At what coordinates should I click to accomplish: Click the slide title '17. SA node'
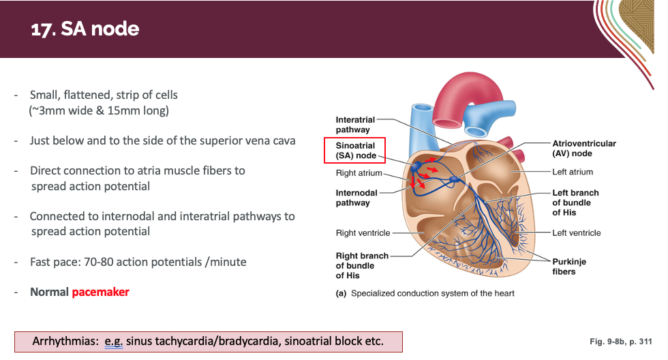[85, 29]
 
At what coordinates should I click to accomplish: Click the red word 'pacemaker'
[100, 292]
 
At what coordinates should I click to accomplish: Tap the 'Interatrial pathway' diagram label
[354, 125]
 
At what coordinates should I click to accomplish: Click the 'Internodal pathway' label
[356, 198]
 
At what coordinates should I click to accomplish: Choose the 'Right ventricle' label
[363, 233]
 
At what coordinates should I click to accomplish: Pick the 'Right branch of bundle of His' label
[361, 265]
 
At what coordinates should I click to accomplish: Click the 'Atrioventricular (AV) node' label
[583, 148]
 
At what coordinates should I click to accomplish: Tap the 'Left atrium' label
[573, 172]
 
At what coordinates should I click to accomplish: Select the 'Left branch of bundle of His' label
[575, 202]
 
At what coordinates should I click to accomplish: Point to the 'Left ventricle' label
[577, 233]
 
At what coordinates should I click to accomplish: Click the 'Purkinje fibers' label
[568, 267]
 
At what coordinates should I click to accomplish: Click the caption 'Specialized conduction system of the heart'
[432, 293]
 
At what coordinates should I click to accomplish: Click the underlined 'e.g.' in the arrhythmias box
[112, 342]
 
